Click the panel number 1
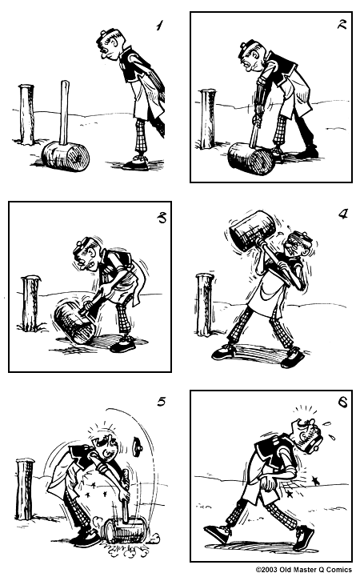[159, 26]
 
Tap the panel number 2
[342, 25]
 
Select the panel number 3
[162, 218]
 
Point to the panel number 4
[342, 214]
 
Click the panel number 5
[161, 402]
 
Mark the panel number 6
[342, 403]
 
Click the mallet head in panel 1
[66, 157]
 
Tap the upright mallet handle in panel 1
[65, 112]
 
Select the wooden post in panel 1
[26, 114]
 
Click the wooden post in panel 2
[208, 118]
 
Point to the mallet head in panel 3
[75, 323]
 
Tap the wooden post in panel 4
[205, 304]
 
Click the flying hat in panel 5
[138, 446]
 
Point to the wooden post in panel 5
[25, 489]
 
